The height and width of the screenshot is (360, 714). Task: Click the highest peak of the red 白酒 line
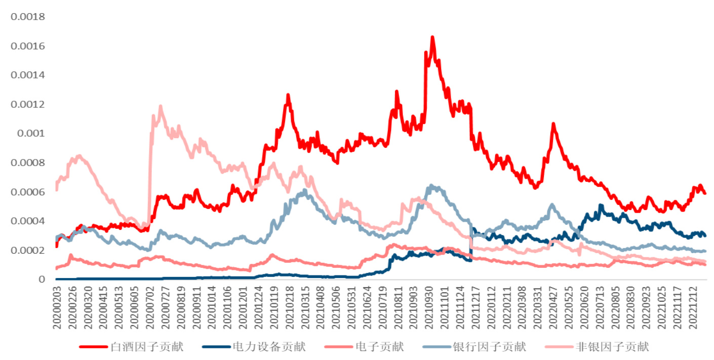tap(432, 37)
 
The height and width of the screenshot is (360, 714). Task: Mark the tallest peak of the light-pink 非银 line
tap(161, 106)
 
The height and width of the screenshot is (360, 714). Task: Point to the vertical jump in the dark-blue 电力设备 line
tap(471, 243)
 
